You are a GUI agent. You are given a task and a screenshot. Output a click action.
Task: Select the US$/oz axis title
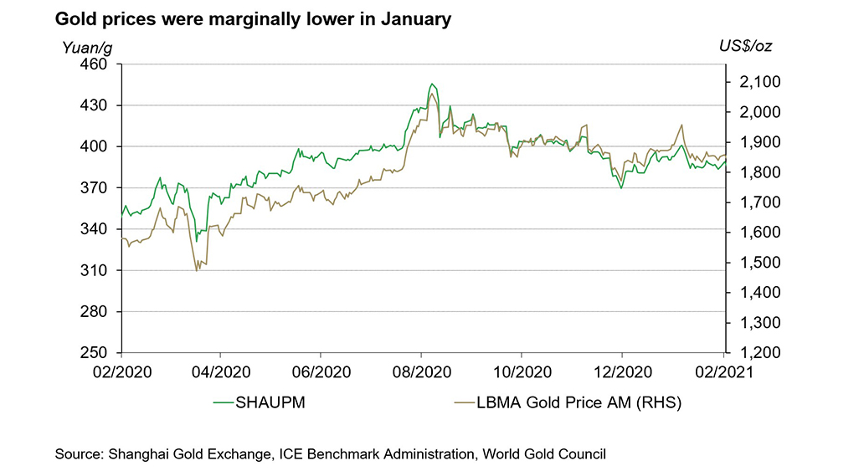(745, 47)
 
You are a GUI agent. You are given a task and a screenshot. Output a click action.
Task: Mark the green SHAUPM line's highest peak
(431, 84)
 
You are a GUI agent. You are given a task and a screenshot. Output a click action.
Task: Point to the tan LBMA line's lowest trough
(197, 270)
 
